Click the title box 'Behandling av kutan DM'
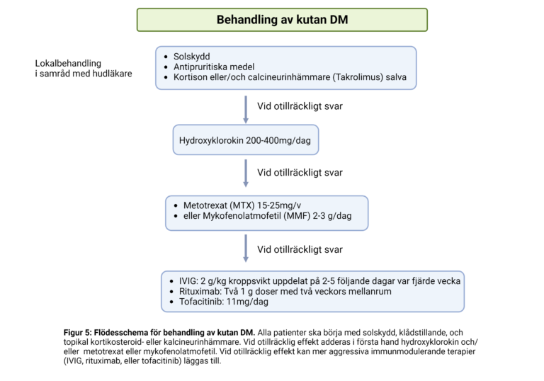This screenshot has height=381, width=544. point(282,20)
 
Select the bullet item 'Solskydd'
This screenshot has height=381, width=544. point(191,56)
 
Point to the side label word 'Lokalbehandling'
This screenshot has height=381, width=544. point(68,63)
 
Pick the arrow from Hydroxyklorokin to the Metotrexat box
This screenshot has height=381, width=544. point(246,172)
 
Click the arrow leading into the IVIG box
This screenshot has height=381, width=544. point(246,249)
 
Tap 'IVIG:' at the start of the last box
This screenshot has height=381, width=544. point(185,281)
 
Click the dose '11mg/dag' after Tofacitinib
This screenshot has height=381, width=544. point(249,302)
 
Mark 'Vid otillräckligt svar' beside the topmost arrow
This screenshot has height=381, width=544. point(300,108)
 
